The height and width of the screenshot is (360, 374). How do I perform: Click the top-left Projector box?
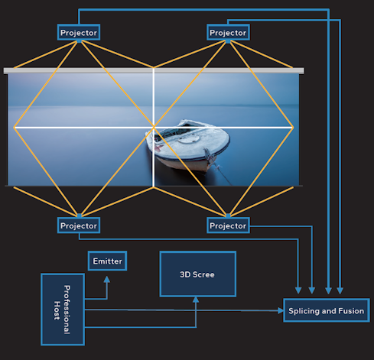[x=79, y=32]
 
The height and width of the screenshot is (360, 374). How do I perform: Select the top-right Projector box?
[x=228, y=32]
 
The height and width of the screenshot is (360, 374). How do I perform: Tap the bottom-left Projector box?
[x=79, y=225]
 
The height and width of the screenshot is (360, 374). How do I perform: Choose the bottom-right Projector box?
[x=228, y=225]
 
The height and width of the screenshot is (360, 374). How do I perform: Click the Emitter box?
[x=107, y=261]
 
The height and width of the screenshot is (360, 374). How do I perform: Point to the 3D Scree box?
[x=198, y=274]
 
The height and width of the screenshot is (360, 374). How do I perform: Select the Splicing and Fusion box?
[x=327, y=310]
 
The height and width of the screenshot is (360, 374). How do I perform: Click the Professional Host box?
[x=63, y=310]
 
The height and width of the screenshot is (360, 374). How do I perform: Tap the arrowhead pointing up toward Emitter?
[x=107, y=279]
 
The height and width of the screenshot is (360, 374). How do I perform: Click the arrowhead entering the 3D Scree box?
[x=196, y=300]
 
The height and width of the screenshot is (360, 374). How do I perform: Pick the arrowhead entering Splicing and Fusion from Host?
[x=281, y=310]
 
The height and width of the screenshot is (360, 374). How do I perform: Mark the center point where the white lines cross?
[x=154, y=127]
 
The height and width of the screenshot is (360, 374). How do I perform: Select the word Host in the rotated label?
[x=57, y=310]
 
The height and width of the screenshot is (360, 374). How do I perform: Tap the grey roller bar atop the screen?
[x=154, y=70]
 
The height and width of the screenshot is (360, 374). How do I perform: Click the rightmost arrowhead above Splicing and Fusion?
[x=340, y=290]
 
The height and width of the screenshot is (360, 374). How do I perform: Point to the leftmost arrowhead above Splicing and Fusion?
[x=298, y=290]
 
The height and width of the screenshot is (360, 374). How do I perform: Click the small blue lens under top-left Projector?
[x=80, y=41]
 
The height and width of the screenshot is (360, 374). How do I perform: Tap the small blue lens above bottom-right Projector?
[x=228, y=216]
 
